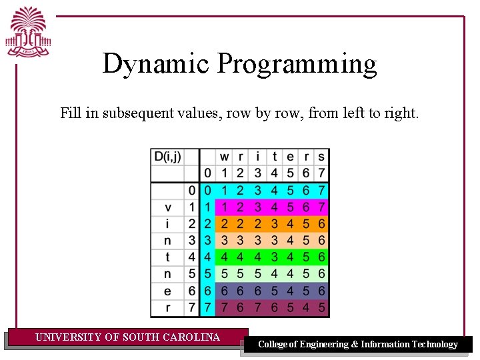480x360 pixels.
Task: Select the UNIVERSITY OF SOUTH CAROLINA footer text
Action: (127, 337)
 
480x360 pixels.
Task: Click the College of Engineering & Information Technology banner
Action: (358, 345)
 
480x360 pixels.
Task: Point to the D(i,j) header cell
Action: (167, 157)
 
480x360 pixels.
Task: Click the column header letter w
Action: (224, 157)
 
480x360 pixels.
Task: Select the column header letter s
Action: (321, 157)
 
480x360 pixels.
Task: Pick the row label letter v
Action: (167, 207)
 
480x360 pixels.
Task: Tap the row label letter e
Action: (167, 291)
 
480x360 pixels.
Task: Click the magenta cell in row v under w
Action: (224, 207)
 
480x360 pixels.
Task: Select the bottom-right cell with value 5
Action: (321, 308)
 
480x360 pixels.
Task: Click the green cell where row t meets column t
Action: (273, 257)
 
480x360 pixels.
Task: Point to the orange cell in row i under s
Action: (321, 224)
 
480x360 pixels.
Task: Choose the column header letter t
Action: (273, 157)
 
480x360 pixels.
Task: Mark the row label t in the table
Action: (167, 257)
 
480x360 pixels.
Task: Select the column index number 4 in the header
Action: (273, 173)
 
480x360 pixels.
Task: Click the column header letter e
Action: (289, 157)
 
